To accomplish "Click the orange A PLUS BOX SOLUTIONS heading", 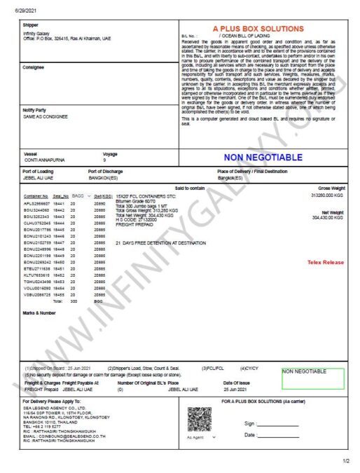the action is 263,28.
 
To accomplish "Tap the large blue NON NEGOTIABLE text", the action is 263,157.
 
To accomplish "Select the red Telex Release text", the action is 326,262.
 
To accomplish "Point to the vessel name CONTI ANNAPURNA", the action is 44,160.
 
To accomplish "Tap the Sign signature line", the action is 278,424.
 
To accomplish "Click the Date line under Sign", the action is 278,435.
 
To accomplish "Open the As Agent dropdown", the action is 200,437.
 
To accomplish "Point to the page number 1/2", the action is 345,460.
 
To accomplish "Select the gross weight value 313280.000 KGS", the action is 331,196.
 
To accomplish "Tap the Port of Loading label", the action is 40,172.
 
